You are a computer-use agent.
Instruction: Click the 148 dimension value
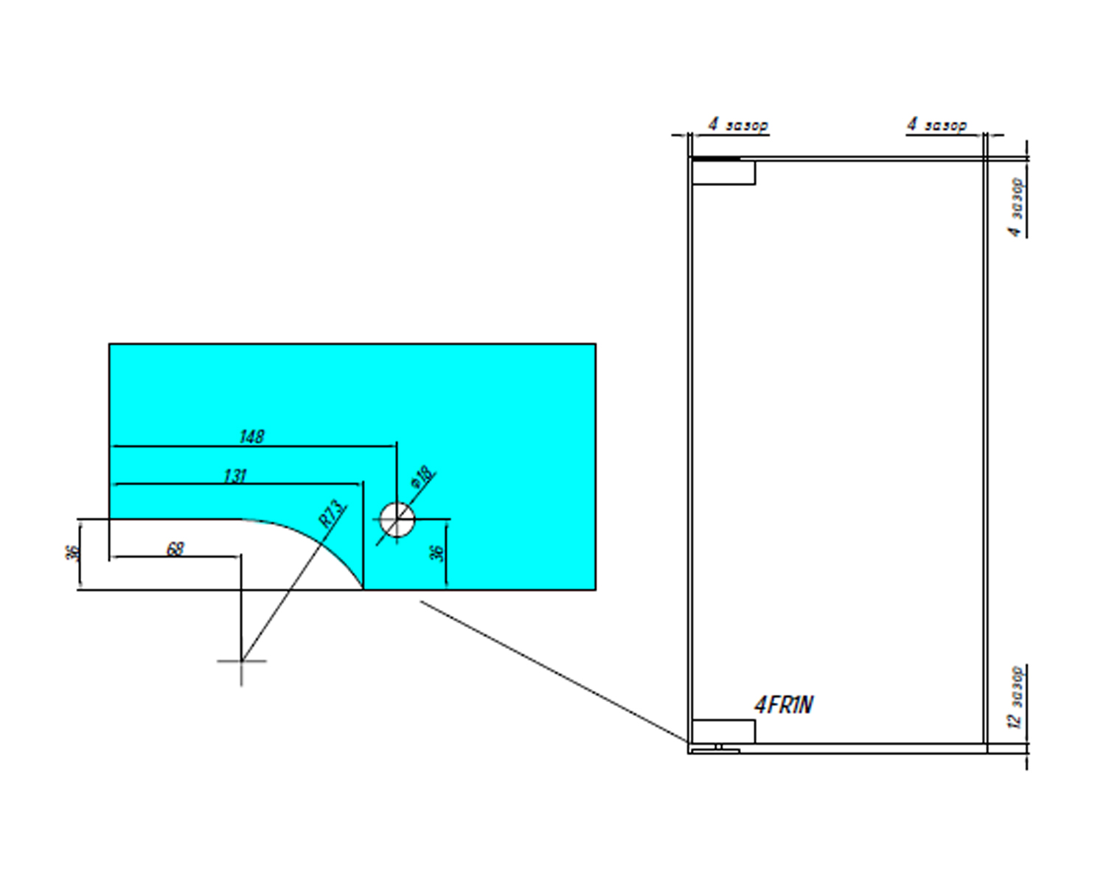(x=251, y=437)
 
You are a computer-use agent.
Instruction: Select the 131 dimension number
(x=234, y=476)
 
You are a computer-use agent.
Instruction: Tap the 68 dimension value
(x=175, y=549)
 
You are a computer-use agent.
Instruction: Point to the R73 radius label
(x=332, y=513)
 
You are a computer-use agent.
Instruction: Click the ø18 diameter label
(x=422, y=477)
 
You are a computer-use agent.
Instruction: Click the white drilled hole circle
(x=397, y=519)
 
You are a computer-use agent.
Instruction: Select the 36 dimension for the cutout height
(x=72, y=553)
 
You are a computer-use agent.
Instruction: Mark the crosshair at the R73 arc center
(x=241, y=661)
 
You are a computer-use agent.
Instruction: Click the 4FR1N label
(x=783, y=706)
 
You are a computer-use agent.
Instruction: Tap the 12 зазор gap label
(x=1016, y=697)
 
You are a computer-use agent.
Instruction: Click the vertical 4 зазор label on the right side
(x=1016, y=206)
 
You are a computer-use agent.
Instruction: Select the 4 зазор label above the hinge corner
(x=738, y=125)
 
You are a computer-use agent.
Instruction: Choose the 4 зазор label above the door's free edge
(x=936, y=125)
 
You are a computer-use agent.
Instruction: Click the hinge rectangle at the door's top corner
(x=723, y=173)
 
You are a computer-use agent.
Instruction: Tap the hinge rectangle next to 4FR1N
(x=723, y=731)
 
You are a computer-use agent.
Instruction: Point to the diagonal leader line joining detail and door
(x=553, y=671)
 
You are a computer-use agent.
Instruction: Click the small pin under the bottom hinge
(x=719, y=748)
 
